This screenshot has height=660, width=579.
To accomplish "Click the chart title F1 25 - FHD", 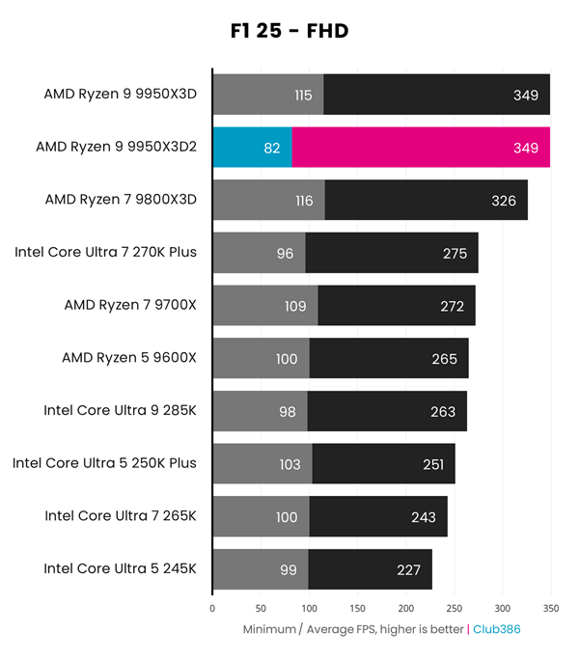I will tap(284, 32).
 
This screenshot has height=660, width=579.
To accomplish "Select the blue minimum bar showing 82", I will tap(252, 148).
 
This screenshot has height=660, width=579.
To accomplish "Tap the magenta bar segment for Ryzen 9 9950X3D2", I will tap(420, 148).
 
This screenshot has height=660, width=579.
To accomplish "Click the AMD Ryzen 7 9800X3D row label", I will tap(121, 200).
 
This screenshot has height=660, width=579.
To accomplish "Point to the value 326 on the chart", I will tap(504, 201).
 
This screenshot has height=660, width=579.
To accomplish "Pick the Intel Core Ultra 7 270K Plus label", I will tap(106, 253).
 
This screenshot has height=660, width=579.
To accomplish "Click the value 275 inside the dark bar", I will tap(455, 254).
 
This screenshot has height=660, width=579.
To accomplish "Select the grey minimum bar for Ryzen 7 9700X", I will tap(265, 305).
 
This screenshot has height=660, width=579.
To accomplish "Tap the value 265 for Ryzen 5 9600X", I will tap(445, 359).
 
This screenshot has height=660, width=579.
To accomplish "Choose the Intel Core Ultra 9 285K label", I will tap(120, 410).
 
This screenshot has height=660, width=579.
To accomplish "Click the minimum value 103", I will tap(289, 464).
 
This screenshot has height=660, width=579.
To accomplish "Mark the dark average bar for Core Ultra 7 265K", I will tap(378, 516).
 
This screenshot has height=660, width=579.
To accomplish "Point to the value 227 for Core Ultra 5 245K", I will tap(408, 570).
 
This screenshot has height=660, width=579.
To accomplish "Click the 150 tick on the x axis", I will tap(358, 609).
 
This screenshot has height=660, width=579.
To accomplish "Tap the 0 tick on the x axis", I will tap(212, 609).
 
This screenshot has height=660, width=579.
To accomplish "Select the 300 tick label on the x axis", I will tap(503, 609).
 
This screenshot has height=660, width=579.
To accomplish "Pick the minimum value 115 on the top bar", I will tap(303, 96).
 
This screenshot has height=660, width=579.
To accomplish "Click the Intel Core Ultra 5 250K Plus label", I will tap(104, 463).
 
